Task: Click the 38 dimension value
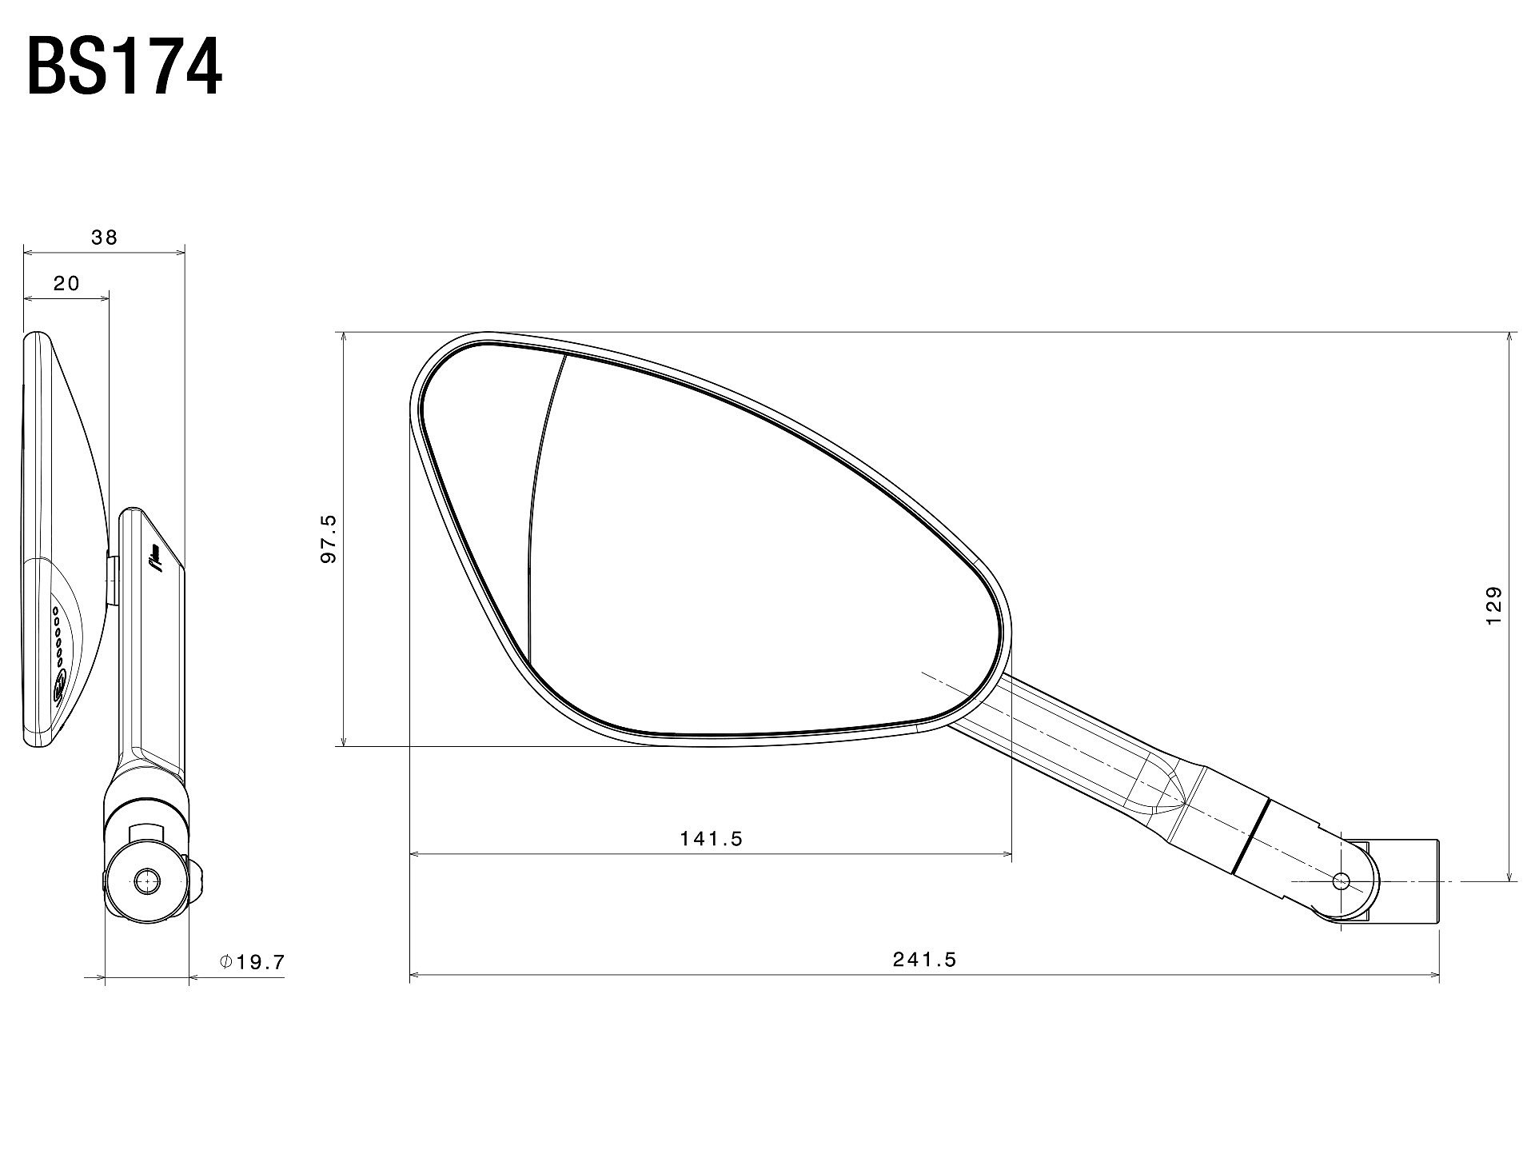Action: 105,237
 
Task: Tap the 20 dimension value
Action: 67,283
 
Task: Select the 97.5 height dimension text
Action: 329,539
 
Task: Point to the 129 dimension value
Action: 1493,606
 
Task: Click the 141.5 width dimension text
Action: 712,838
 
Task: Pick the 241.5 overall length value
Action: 924,959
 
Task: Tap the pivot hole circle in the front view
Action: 1342,881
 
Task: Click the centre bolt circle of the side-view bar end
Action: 146,881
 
